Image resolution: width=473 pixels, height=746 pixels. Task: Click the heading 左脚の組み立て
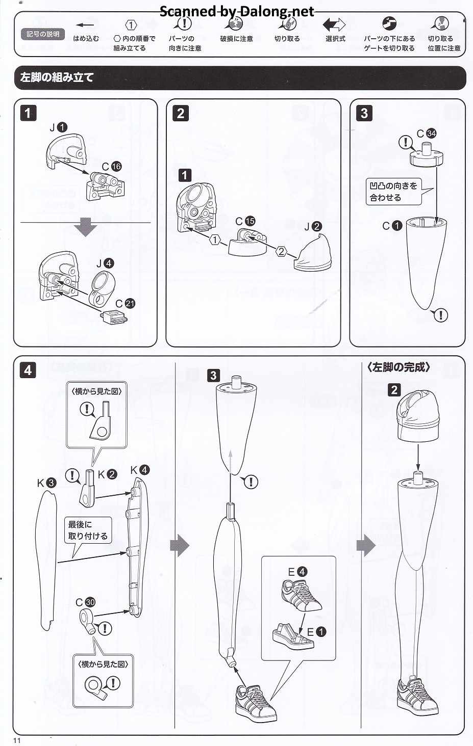click(x=57, y=77)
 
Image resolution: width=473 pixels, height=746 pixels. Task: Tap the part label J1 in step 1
click(x=58, y=127)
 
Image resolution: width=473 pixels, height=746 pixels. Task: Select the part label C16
click(x=111, y=167)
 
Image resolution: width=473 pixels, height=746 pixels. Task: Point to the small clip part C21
click(x=115, y=318)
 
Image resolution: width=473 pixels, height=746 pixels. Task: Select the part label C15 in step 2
click(x=245, y=221)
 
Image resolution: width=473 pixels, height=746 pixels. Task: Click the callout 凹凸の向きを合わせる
click(x=393, y=192)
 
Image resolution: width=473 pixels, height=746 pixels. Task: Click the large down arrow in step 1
click(x=86, y=227)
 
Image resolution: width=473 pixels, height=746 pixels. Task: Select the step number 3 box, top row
click(x=364, y=113)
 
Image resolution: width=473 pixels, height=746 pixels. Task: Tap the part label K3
click(x=46, y=483)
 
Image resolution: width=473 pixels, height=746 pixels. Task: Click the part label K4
click(x=139, y=470)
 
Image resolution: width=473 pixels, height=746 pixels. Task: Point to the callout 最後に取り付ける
click(x=88, y=530)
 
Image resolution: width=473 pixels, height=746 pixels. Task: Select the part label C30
click(x=85, y=602)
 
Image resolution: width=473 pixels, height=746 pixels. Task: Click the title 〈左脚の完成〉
click(x=399, y=367)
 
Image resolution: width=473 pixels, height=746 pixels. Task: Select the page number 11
click(x=17, y=740)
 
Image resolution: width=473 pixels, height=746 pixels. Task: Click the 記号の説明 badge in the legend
click(x=43, y=34)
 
